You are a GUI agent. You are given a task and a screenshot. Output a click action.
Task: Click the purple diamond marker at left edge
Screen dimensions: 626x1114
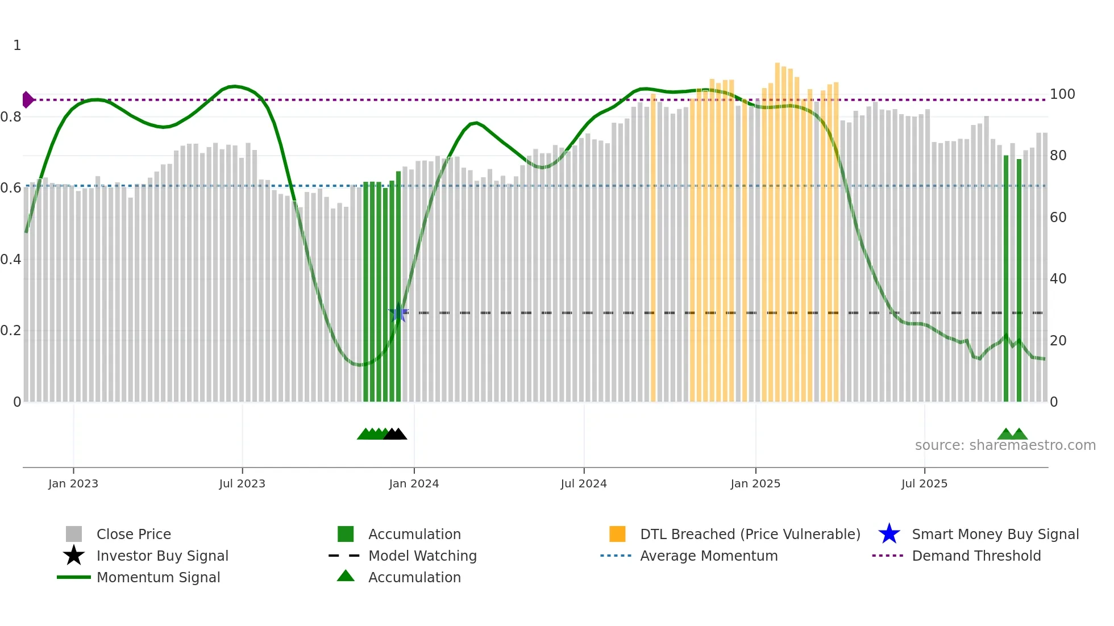pos(27,100)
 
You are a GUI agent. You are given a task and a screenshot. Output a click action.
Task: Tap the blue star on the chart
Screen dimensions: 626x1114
pos(398,313)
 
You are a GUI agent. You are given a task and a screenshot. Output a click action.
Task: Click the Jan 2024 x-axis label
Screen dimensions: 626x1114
pos(414,483)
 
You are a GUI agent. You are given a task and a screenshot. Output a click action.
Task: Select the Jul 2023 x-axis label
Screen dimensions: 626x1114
pos(242,483)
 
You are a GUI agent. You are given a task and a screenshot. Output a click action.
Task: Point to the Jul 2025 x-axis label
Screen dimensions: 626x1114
pos(924,483)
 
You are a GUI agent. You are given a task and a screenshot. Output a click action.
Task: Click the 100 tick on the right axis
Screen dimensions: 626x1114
pos(1062,94)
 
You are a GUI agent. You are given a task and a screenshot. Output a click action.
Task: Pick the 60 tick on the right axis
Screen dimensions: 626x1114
pos(1058,218)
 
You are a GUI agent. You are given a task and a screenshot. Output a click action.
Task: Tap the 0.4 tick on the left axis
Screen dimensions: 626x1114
pos(11,260)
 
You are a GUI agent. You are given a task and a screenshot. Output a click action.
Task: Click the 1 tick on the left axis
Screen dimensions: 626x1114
pos(17,45)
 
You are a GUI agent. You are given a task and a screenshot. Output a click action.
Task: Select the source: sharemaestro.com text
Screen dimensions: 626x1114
pos(1005,445)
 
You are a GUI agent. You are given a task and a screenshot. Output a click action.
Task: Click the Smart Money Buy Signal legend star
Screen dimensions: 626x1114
pos(889,534)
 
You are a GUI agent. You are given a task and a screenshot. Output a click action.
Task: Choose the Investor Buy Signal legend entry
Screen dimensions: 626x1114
pos(162,556)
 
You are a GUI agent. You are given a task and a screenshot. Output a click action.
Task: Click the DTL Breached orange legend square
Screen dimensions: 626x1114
pos(617,534)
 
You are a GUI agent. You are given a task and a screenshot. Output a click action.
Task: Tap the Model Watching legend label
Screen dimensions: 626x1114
pos(422,556)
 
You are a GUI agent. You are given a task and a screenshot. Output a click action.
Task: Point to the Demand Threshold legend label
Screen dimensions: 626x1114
pos(976,556)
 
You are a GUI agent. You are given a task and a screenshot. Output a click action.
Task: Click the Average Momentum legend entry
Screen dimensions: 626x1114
pos(708,556)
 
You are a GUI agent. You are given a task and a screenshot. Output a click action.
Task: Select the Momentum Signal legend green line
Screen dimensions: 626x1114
pos(74,577)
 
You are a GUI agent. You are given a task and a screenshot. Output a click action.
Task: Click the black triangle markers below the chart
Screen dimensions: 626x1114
pos(396,434)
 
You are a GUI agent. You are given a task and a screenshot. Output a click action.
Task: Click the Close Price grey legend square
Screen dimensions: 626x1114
pos(74,534)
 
